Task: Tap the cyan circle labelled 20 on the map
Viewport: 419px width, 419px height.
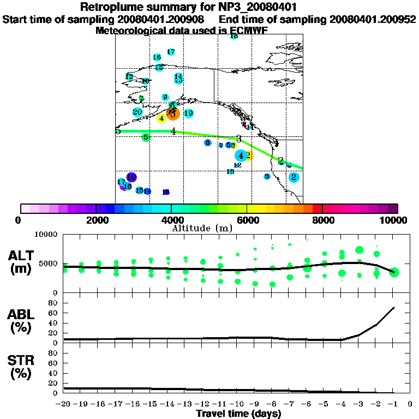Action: (x=137, y=112)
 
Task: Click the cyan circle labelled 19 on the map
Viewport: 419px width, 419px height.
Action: (x=188, y=113)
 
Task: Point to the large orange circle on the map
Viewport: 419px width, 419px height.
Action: (x=173, y=113)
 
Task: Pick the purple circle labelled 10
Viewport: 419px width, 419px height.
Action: (x=131, y=177)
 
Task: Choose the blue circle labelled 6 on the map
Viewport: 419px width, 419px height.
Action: (x=207, y=143)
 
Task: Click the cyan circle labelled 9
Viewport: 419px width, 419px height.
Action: (x=165, y=98)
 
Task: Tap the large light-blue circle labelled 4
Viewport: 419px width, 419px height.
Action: (x=240, y=155)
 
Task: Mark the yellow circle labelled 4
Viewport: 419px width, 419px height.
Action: (x=161, y=118)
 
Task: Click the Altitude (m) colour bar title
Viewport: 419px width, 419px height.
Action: (x=195, y=228)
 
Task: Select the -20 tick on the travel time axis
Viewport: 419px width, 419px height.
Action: (x=64, y=404)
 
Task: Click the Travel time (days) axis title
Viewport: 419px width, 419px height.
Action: (x=238, y=414)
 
